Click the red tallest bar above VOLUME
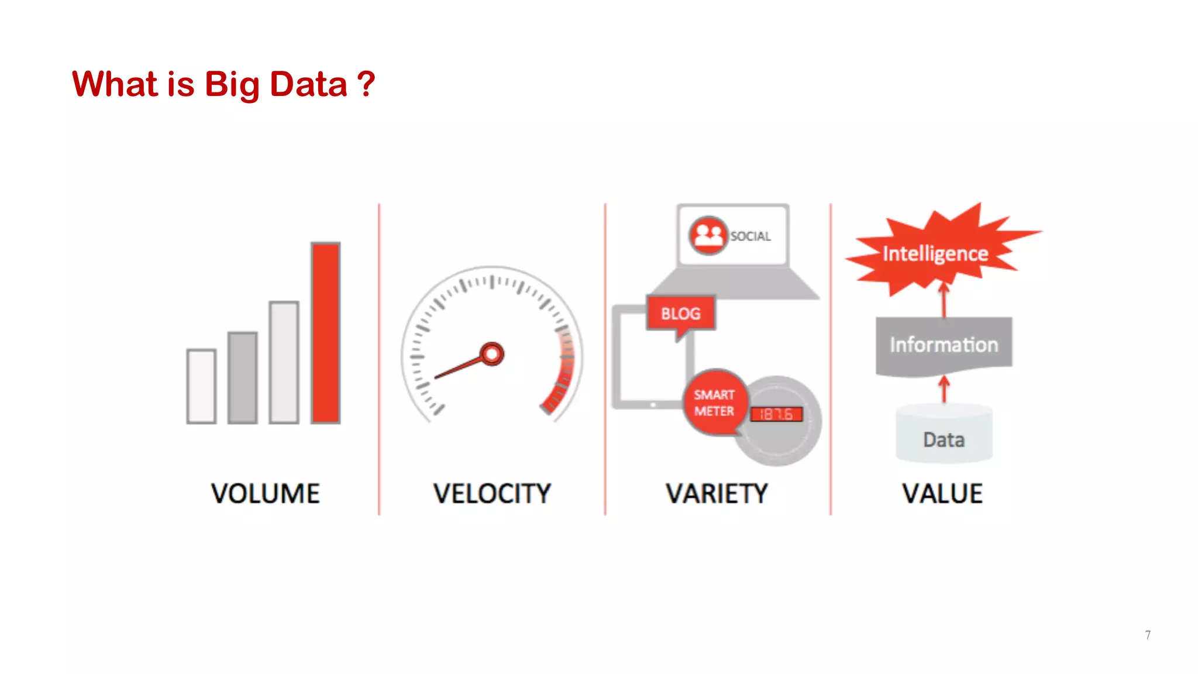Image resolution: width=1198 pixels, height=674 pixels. pos(325,332)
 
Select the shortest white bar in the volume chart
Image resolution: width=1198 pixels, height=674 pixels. pos(201,386)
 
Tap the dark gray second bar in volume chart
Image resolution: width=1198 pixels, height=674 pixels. pos(242,377)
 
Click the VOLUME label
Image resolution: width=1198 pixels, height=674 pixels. pos(266,494)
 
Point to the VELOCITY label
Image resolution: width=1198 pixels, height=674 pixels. pos(492,494)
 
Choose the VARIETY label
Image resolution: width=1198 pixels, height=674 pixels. pos(717,494)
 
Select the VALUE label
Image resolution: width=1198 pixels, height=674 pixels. pos(942,494)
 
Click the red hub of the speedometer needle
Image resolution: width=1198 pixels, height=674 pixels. pos(492,354)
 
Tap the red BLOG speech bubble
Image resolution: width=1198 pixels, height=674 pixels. pos(681,314)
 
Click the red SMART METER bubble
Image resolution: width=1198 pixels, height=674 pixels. pos(714,403)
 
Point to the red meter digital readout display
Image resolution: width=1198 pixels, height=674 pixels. pos(776,414)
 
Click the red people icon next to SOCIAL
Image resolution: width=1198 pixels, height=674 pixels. pos(708,235)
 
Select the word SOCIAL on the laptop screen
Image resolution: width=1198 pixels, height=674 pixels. pos(751,236)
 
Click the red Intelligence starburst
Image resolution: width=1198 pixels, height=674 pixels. pos(935,253)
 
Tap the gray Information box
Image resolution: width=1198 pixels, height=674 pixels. pos(944,345)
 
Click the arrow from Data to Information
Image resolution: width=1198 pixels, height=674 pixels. pos(944,389)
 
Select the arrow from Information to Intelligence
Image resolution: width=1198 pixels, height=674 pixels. pos(944,300)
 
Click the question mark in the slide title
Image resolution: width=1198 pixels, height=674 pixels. pos(366,84)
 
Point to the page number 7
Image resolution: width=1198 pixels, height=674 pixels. pos(1148,635)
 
